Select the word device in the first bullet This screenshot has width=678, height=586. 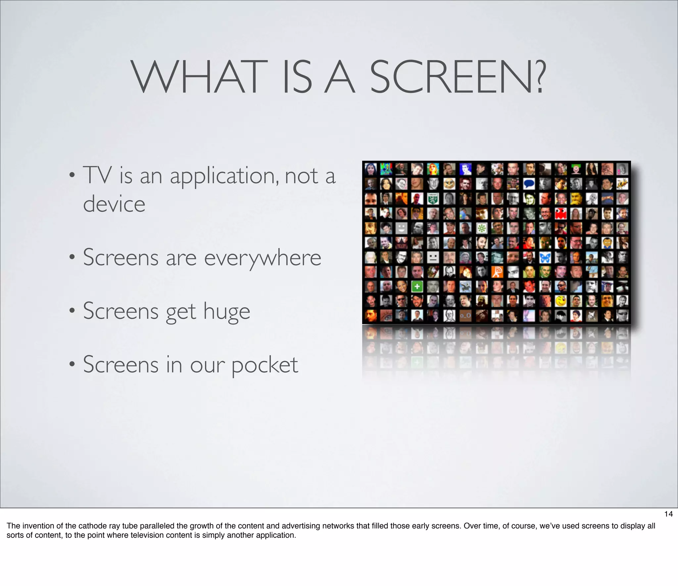[114, 204]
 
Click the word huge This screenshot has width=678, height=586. [226, 312]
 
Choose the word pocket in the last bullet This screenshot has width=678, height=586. [265, 365]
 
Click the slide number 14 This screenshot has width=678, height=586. [668, 514]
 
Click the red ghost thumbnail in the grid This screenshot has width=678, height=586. [560, 213]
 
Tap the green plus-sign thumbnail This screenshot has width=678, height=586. [417, 286]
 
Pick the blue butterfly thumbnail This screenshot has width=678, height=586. [545, 257]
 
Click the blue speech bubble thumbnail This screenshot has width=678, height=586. [529, 184]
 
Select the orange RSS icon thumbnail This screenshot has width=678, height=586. [498, 272]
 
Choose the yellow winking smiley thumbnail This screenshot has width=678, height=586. [560, 301]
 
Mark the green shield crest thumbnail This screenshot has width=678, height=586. [433, 198]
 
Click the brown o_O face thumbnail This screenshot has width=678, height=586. [465, 316]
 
